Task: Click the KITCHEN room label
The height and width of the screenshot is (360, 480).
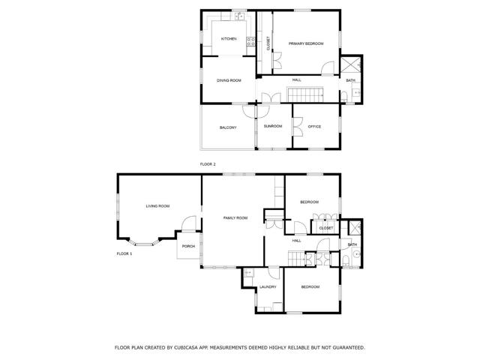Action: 229,39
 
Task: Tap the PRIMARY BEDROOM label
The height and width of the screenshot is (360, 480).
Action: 306,44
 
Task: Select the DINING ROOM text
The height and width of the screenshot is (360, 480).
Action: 229,80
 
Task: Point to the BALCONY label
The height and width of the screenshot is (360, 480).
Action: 228,127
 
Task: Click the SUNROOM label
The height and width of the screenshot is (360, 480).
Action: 273,126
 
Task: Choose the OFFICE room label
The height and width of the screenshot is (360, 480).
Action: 314,126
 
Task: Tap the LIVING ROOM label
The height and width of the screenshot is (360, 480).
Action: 157,205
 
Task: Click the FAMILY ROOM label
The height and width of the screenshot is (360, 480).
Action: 235,217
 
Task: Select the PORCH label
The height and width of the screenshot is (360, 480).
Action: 188,246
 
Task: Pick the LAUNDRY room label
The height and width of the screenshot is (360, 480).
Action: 268,286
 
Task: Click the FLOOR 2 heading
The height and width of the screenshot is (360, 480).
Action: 208,163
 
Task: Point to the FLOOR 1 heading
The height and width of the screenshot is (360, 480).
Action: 124,253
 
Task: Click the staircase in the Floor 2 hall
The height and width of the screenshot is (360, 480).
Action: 305,95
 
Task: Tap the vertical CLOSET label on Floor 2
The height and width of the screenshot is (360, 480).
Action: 268,43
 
